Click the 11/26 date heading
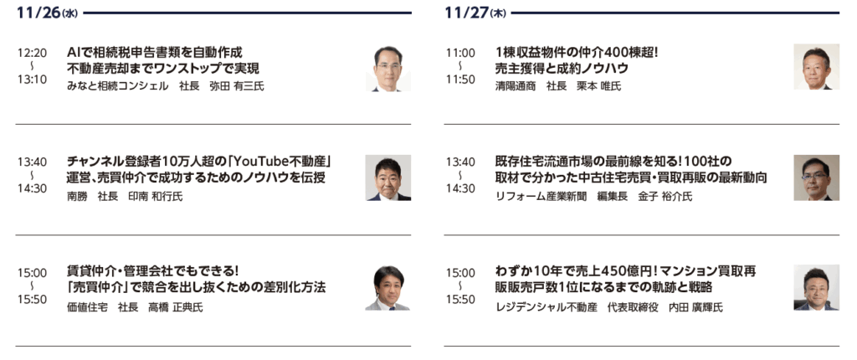pos(47,13)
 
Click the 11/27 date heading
pos(475,13)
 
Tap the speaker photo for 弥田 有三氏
pos(388,68)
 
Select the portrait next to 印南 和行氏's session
pos(388,177)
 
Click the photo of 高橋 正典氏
pos(388,288)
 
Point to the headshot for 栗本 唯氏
pos(817,67)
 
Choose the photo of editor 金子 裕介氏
pos(817,177)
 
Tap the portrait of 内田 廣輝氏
pos(817,288)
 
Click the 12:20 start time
pos(33,53)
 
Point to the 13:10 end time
pos(33,80)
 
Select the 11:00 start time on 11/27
pos(461,53)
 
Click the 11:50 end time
pos(461,80)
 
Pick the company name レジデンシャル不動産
pos(546,307)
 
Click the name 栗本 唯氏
pos(599,86)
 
